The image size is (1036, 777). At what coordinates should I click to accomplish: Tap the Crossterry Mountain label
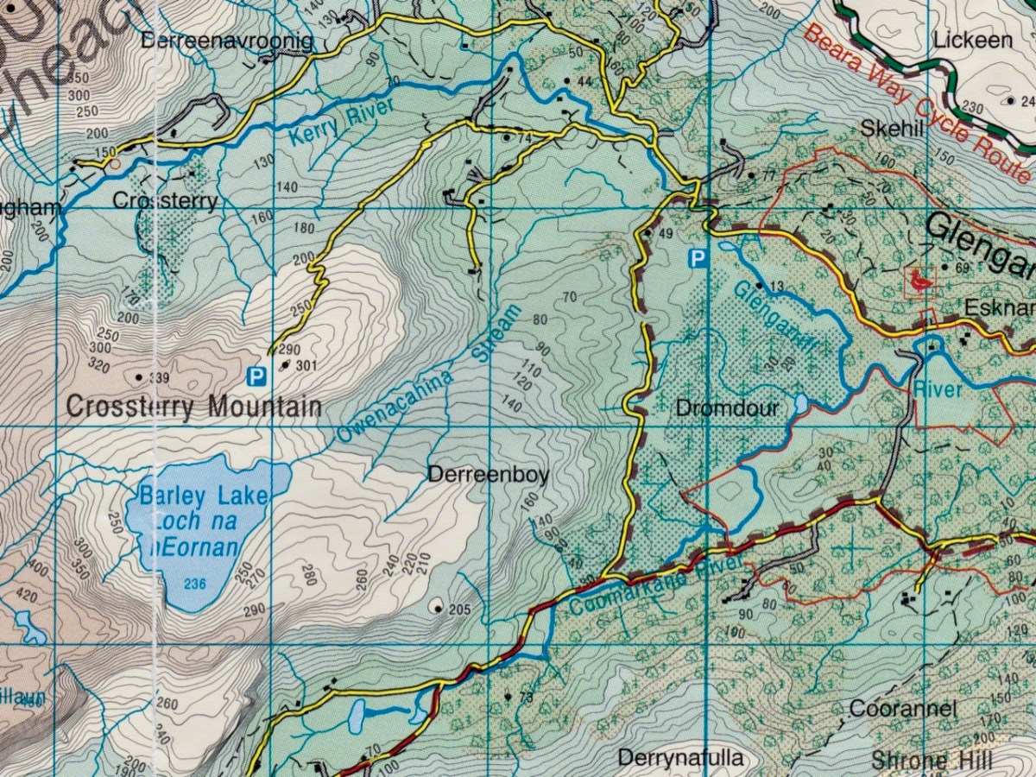click(x=193, y=407)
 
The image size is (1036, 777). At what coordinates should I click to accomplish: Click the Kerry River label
click(x=334, y=123)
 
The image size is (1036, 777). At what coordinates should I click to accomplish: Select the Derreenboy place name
click(x=488, y=475)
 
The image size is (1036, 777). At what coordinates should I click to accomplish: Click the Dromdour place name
click(x=727, y=408)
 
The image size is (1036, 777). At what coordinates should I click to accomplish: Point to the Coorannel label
click(x=902, y=709)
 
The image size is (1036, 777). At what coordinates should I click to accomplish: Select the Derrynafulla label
click(x=680, y=758)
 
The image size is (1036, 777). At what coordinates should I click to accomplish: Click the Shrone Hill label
click(x=932, y=761)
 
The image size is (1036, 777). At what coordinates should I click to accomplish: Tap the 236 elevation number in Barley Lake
click(x=195, y=584)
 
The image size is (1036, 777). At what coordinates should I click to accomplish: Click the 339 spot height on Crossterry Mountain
click(x=158, y=378)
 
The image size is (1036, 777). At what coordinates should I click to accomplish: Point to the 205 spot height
click(x=458, y=610)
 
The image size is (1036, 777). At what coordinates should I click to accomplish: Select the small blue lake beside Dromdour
click(x=801, y=404)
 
